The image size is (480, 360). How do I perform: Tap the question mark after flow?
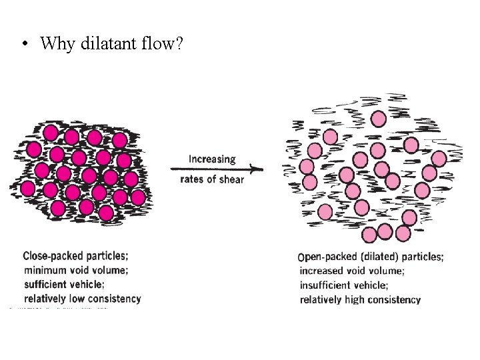[183, 45]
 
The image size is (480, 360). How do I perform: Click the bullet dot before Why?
[25, 45]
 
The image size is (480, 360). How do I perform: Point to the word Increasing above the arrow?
[212, 159]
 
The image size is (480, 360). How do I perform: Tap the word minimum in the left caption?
[45, 270]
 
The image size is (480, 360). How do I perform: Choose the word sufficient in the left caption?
[47, 284]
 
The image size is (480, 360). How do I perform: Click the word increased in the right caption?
[323, 271]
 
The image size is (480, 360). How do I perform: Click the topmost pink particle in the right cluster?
[378, 119]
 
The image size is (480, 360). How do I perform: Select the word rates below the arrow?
[193, 179]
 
